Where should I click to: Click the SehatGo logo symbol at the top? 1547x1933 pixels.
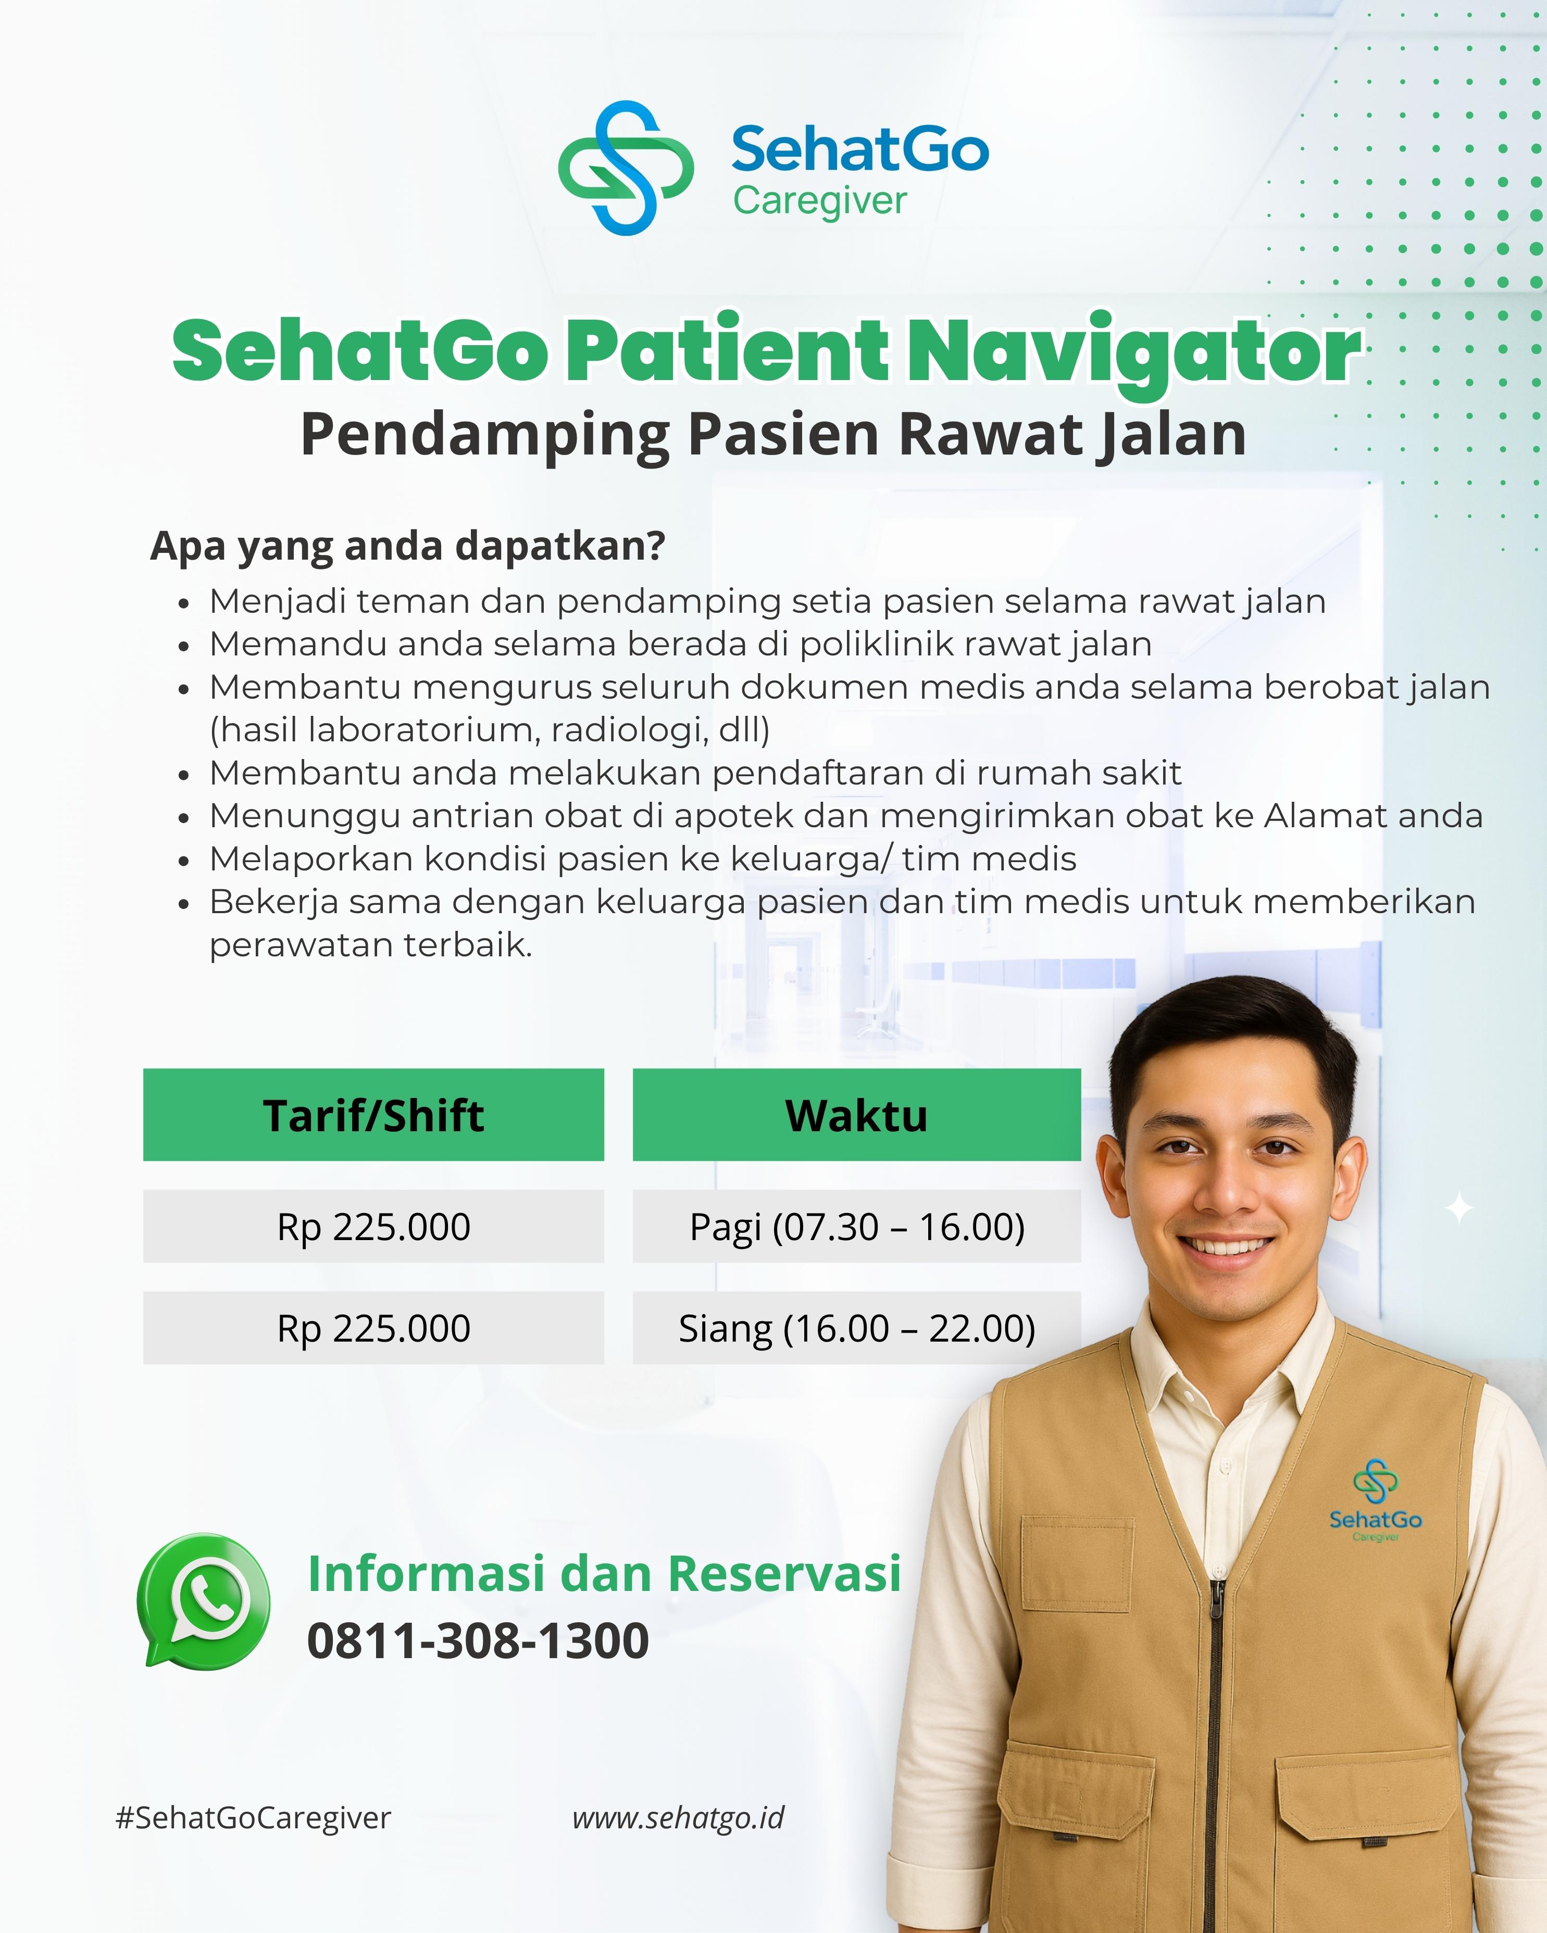click(x=626, y=168)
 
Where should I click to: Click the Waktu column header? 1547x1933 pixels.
click(x=856, y=1115)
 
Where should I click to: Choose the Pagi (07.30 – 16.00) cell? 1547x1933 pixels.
click(x=856, y=1227)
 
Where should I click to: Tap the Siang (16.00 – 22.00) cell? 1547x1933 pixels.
click(x=856, y=1328)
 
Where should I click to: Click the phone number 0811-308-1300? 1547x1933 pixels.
click(x=478, y=1641)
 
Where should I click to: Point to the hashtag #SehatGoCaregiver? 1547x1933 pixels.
click(x=254, y=1817)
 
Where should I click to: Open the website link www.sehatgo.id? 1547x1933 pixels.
click(x=678, y=1817)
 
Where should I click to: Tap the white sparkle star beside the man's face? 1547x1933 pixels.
click(x=1460, y=1208)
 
